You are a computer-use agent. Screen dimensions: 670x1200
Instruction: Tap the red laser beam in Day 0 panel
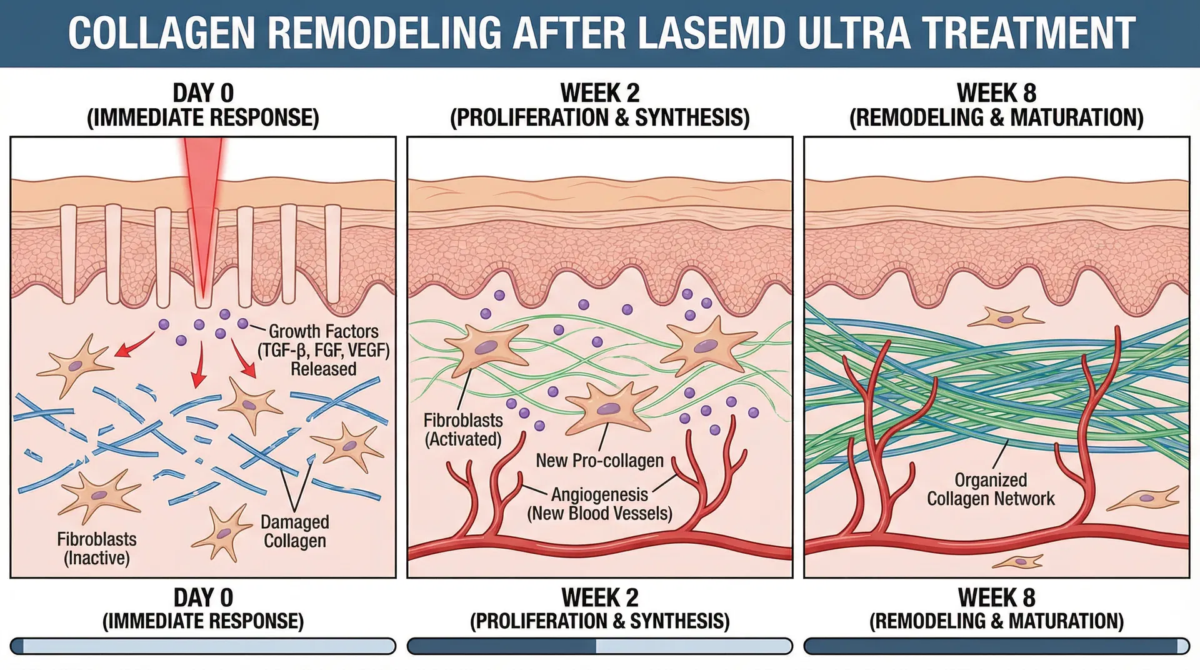coord(202,206)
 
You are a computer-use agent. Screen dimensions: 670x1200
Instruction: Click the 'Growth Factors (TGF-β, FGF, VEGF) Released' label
coord(323,350)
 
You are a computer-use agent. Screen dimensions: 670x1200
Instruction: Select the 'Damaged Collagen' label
coord(294,531)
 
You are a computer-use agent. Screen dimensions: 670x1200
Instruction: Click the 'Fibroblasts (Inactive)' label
coord(97,548)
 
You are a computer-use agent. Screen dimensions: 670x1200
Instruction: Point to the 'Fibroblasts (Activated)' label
coord(463,429)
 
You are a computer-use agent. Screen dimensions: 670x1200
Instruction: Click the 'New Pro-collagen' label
coord(599,461)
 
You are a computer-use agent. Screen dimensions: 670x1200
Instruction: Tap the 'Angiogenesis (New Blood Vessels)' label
coord(599,504)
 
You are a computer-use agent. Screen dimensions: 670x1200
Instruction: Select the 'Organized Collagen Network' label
coord(991,489)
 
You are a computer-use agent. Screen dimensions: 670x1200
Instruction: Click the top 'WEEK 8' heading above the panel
coord(996,93)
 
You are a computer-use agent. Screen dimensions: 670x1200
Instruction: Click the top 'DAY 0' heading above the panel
coord(203,93)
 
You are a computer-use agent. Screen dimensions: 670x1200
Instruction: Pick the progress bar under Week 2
coord(599,646)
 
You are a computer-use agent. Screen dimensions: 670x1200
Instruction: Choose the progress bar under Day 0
coord(203,646)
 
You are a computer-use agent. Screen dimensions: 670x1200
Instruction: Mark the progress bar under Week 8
coord(996,646)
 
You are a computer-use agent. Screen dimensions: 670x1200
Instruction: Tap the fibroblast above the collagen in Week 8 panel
coord(1004,318)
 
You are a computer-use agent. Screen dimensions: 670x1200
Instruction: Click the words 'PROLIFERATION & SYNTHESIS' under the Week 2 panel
coord(599,621)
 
